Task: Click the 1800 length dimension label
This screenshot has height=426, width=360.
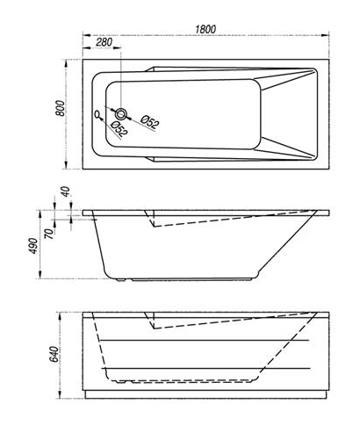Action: [205, 29]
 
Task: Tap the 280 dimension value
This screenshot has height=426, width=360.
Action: [104, 42]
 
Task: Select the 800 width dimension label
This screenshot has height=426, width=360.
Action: [60, 108]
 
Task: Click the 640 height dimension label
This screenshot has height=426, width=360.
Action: [54, 354]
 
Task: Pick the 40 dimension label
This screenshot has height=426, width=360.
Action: [66, 191]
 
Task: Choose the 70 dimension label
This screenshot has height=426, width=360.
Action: [49, 234]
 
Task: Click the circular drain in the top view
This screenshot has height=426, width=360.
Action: [121, 114]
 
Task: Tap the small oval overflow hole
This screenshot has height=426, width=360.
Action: [97, 114]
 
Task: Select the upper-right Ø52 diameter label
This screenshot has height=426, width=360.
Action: [150, 121]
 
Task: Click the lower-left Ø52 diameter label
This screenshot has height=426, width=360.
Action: [119, 128]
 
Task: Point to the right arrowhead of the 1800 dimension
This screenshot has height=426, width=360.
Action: [325, 35]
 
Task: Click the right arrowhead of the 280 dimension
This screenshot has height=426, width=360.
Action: [117, 48]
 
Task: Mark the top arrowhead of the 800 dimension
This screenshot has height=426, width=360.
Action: [66, 63]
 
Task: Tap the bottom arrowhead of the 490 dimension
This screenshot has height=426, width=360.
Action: [40, 275]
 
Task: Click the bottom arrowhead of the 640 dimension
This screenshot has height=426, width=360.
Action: [61, 394]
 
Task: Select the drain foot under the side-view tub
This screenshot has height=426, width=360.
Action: [121, 280]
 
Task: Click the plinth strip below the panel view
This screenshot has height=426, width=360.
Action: [205, 394]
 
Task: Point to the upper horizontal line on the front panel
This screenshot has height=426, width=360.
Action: [205, 340]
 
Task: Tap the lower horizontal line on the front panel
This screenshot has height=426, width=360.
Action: [205, 368]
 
